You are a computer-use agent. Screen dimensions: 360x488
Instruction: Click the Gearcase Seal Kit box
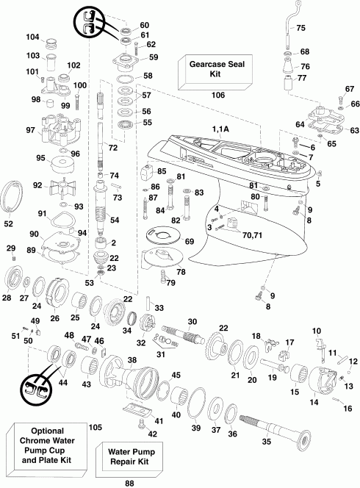[x=215, y=72]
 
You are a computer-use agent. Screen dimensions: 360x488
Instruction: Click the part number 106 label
[x=217, y=95]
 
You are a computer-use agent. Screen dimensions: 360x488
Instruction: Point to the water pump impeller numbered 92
[x=59, y=187]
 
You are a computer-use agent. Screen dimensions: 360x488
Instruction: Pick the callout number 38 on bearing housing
[x=132, y=360]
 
